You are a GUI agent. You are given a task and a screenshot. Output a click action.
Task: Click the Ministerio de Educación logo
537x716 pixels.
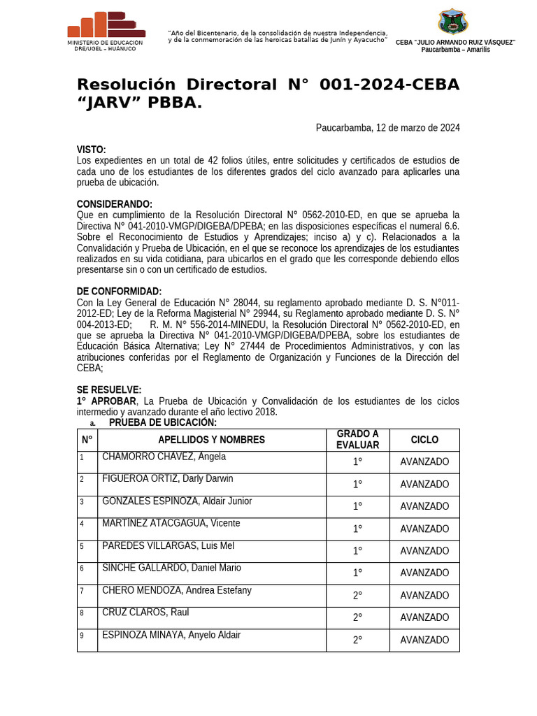pyautogui.click(x=106, y=25)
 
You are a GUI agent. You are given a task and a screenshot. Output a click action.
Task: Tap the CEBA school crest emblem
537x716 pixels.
pyautogui.click(x=452, y=22)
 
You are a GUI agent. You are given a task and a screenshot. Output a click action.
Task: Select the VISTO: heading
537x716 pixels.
pyautogui.click(x=92, y=150)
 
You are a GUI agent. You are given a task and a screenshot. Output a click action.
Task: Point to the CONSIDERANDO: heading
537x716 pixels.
pyautogui.click(x=114, y=204)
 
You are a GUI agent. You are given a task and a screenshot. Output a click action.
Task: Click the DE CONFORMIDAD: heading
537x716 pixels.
pyautogui.click(x=119, y=292)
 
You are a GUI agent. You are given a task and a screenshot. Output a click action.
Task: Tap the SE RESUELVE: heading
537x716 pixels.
pyautogui.click(x=108, y=389)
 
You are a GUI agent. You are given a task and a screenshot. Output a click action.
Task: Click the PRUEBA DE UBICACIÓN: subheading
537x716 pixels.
pyautogui.click(x=163, y=422)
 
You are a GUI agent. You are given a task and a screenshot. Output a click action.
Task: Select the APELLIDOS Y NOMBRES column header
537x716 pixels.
pyautogui.click(x=211, y=440)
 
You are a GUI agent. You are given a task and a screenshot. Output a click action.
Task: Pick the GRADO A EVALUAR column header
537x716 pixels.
pyautogui.click(x=357, y=440)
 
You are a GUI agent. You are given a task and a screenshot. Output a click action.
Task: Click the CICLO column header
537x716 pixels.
pyautogui.click(x=424, y=440)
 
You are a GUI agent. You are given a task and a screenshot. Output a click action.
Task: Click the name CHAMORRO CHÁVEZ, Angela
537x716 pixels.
pyautogui.click(x=164, y=457)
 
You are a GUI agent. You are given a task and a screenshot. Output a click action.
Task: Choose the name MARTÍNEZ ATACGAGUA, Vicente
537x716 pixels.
pyautogui.click(x=171, y=523)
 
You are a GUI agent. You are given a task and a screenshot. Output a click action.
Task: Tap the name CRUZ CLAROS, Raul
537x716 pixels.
pyautogui.click(x=145, y=613)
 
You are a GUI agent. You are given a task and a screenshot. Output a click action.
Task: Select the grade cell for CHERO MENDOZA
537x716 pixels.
pyautogui.click(x=357, y=596)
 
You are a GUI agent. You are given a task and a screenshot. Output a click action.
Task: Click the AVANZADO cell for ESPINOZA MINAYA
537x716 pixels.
pyautogui.click(x=424, y=640)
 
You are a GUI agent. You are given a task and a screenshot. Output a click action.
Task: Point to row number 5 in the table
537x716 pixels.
pyautogui.click(x=82, y=546)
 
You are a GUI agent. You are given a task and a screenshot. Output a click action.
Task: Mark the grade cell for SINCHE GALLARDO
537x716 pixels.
pyautogui.click(x=357, y=573)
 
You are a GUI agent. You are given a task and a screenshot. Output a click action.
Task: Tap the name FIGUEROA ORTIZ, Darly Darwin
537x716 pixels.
pyautogui.click(x=168, y=479)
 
